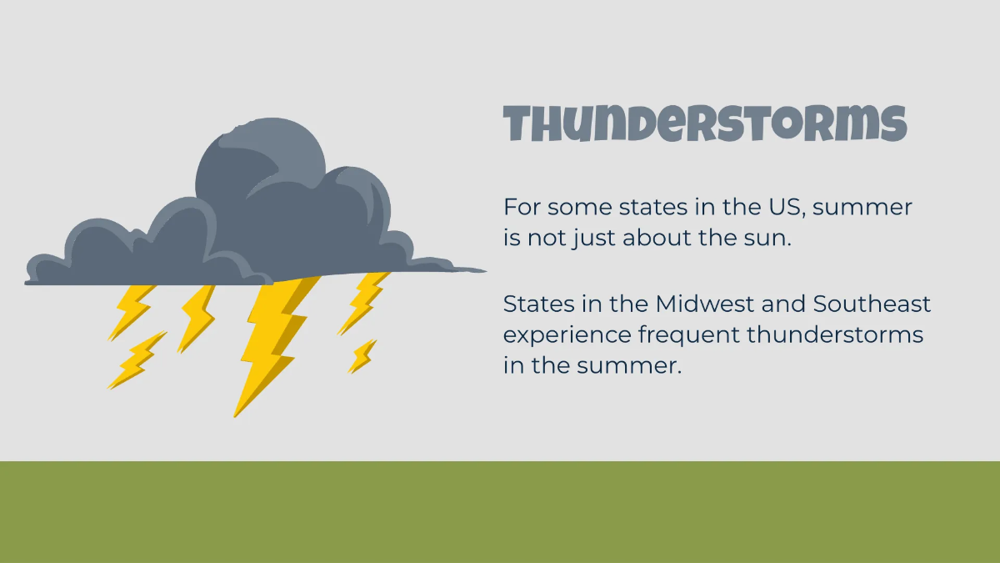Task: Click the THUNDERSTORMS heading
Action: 705,123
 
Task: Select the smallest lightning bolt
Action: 362,356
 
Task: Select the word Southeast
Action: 872,304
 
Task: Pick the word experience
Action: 567,336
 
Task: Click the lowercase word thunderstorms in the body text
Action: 835,334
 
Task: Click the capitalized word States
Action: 539,304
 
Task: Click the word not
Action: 547,239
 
